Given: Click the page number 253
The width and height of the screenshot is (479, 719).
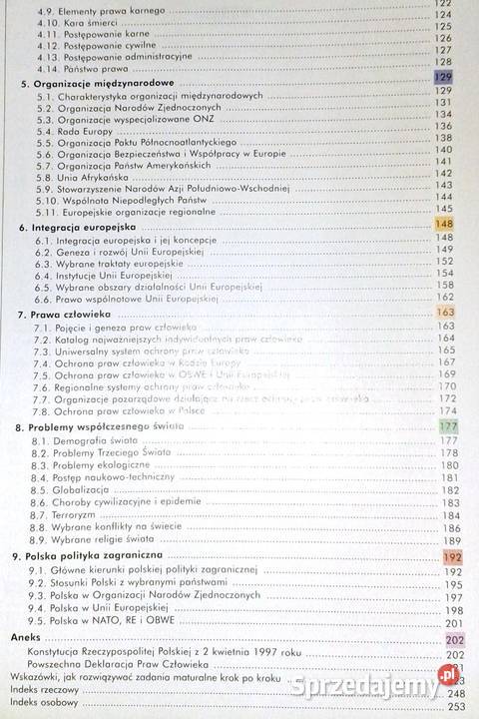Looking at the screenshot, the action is [459, 707].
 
